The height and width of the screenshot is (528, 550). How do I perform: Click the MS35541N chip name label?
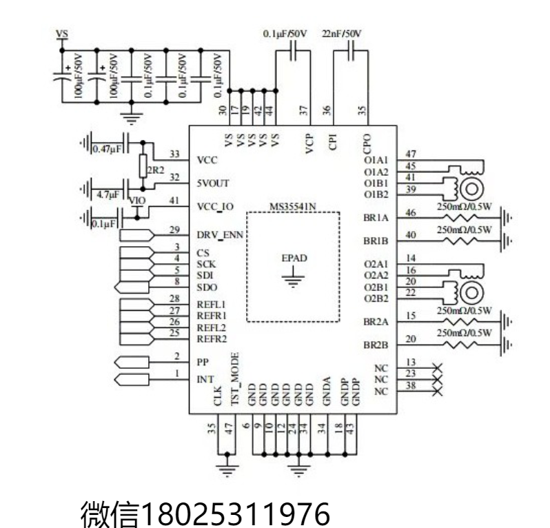click(x=292, y=207)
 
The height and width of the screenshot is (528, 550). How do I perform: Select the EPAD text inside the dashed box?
click(x=294, y=258)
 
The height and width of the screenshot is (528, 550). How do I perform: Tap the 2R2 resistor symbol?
click(x=143, y=165)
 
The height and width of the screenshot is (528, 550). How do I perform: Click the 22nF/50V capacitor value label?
click(x=341, y=34)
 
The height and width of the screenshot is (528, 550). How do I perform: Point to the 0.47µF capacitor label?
click(x=107, y=149)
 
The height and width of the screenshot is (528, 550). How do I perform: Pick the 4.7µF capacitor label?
click(x=108, y=194)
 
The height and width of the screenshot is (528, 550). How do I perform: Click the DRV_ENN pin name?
click(x=220, y=235)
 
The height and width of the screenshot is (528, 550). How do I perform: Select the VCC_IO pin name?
click(x=215, y=207)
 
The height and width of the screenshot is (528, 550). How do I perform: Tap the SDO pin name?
click(x=207, y=287)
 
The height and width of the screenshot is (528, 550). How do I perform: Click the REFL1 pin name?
click(x=211, y=305)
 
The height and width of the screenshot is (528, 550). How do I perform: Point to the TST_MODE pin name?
click(x=235, y=379)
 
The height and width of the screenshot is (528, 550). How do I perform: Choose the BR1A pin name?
click(x=376, y=218)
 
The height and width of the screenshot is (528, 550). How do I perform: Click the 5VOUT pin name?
click(x=213, y=183)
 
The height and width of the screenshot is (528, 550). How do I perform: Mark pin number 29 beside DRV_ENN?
click(x=174, y=230)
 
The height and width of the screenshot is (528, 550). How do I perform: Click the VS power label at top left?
click(x=62, y=34)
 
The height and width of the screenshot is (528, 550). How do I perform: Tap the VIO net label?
click(x=137, y=201)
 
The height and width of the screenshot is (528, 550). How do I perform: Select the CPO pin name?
click(x=367, y=144)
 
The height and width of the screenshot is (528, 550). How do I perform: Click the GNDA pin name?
click(x=327, y=392)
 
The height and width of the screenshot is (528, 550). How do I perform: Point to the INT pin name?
click(x=205, y=380)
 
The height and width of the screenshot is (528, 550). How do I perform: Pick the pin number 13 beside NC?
click(x=411, y=362)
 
